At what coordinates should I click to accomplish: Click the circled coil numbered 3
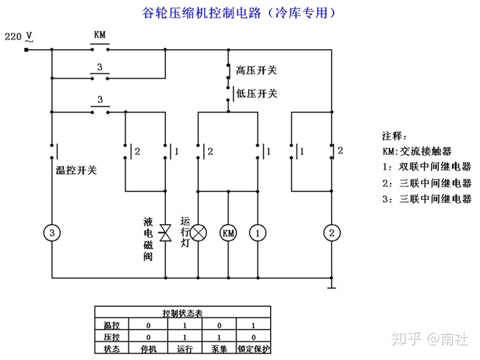[x=52, y=232]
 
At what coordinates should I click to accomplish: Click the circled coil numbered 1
[x=258, y=232]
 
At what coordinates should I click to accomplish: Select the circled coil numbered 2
[x=332, y=232]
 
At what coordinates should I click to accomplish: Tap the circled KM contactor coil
[x=228, y=232]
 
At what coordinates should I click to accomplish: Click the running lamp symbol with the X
[x=199, y=232]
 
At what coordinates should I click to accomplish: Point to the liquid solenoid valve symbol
[x=166, y=232]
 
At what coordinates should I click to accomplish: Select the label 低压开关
[x=257, y=93]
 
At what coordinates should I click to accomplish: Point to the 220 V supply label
[x=18, y=35]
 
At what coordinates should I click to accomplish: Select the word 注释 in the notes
[x=395, y=137]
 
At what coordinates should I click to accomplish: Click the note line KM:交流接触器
[x=416, y=151]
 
